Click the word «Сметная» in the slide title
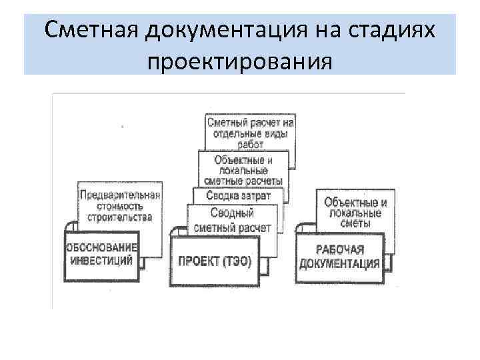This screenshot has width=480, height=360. [91, 31]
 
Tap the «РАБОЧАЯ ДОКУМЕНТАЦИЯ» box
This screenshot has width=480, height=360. [340, 256]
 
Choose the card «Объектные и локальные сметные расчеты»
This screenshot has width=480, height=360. [244, 170]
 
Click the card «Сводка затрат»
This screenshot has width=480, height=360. [239, 196]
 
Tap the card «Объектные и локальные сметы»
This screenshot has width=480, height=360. [353, 208]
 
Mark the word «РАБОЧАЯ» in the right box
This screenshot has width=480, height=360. [339, 249]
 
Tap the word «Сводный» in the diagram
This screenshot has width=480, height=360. [231, 214]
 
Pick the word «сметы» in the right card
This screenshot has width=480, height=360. [354, 225]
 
